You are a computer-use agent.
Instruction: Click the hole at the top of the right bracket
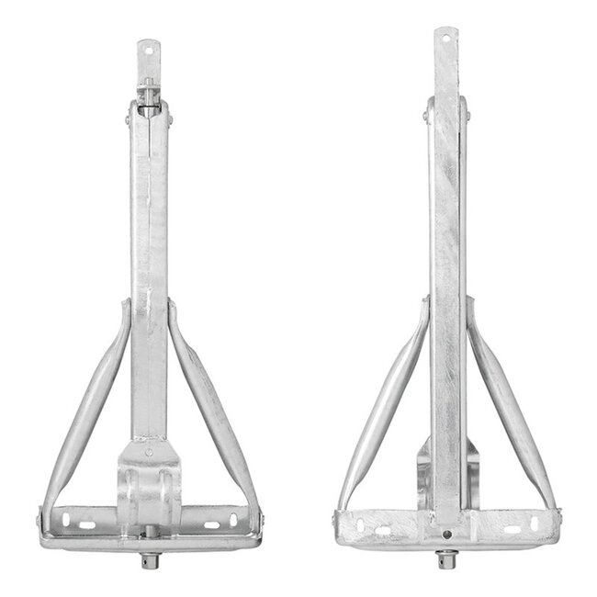[x=446, y=39]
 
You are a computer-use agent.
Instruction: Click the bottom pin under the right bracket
[x=446, y=558]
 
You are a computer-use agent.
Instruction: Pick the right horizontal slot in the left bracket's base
[x=212, y=524]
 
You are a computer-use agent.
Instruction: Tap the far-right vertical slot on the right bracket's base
[x=549, y=524]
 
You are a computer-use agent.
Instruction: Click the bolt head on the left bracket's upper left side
[x=129, y=118]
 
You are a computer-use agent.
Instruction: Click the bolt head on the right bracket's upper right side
[x=466, y=115]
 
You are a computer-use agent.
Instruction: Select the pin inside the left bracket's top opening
[x=149, y=92]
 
